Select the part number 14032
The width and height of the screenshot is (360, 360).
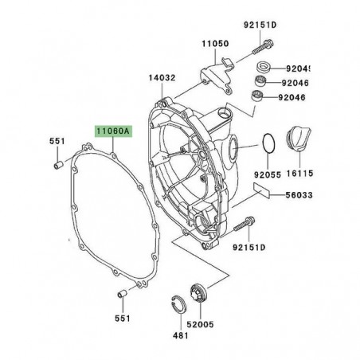[x=162, y=78]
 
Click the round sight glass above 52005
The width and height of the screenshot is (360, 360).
[x=202, y=297]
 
